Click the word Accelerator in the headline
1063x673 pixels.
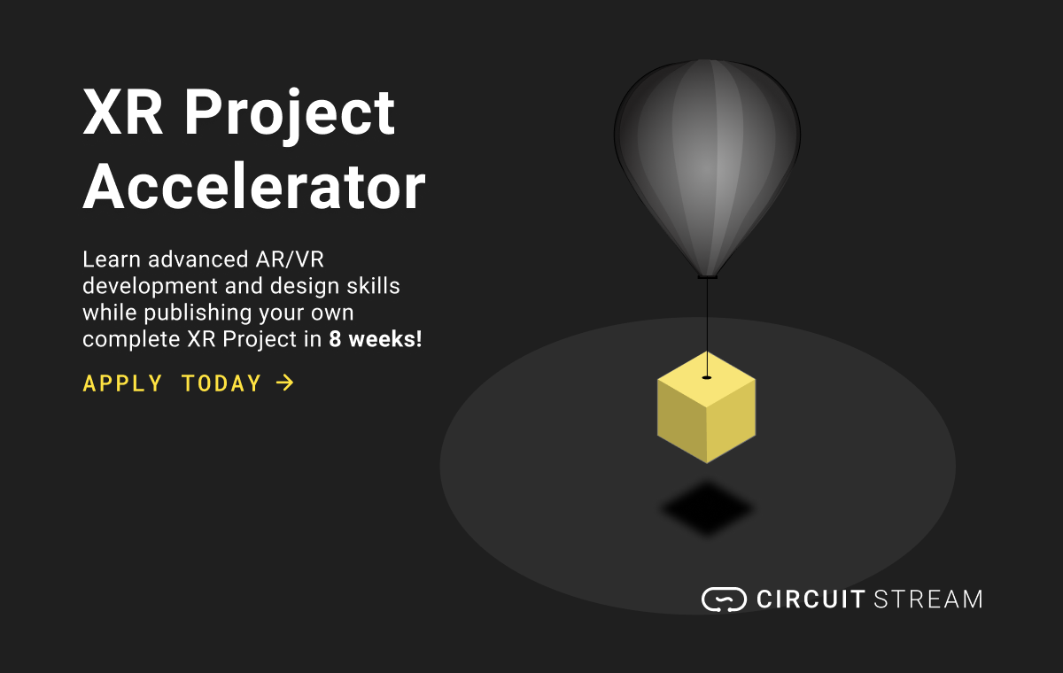click(254, 186)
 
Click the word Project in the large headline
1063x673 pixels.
click(289, 116)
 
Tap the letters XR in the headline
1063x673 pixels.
click(122, 112)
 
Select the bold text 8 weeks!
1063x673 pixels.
click(376, 339)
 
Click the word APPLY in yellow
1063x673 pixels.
click(123, 383)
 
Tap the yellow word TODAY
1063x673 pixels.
click(221, 383)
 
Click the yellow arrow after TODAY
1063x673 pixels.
click(284, 383)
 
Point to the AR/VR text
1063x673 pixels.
click(290, 259)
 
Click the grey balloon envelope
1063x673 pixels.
click(707, 161)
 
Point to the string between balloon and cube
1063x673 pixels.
click(707, 328)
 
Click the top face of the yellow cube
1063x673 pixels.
click(706, 379)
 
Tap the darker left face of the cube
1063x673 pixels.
click(681, 421)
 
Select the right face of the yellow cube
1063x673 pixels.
click(731, 421)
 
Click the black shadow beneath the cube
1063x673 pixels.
click(707, 508)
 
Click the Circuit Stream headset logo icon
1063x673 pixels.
click(724, 600)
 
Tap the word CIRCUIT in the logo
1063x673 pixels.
click(811, 599)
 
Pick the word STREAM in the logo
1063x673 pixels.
click(928, 599)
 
